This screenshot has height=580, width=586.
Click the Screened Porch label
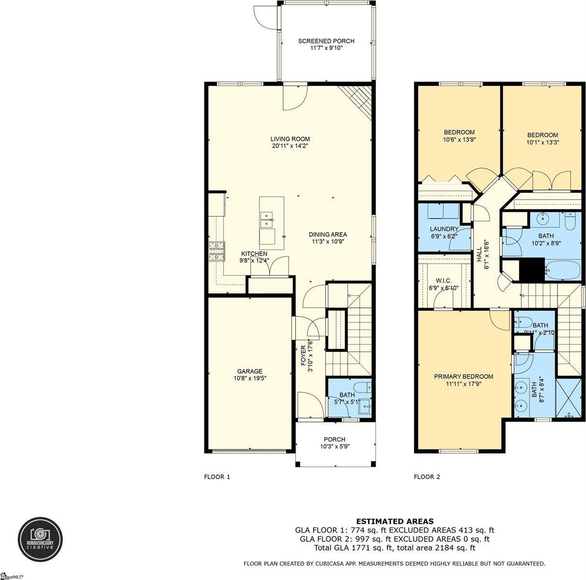coord(326,41)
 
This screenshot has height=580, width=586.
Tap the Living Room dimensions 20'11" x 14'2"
coord(290,145)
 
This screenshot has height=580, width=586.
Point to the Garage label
coord(250,371)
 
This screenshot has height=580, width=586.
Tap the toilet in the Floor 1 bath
coord(362,387)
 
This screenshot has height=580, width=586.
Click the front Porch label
coord(334,439)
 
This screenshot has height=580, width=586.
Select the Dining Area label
coord(328,235)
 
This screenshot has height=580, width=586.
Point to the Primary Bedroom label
coord(463,377)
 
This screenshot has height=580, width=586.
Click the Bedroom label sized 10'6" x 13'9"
coord(459,132)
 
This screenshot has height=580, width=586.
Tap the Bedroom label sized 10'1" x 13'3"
coord(542,135)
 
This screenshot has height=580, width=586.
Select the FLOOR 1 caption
coord(217,477)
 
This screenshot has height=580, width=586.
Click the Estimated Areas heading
coord(395,521)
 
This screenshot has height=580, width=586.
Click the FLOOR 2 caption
coord(427,477)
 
